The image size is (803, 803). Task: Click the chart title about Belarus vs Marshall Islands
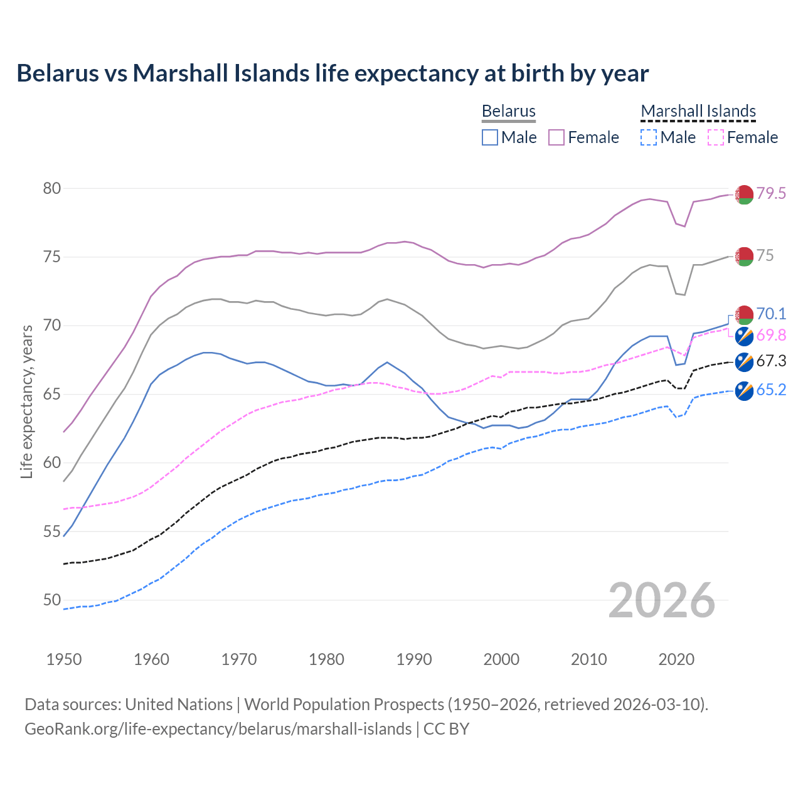332,73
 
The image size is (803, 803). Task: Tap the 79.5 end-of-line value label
771,194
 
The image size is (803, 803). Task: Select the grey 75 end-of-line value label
765,256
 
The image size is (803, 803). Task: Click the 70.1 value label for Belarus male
771,314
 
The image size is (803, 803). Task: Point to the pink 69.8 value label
771,336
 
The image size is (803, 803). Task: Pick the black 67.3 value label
771,361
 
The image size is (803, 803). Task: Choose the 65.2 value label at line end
771,390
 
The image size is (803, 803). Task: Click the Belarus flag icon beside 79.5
744,194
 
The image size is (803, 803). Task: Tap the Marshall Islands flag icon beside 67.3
744,362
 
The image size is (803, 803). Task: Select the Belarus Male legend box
490,137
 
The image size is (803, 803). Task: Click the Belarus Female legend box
556,137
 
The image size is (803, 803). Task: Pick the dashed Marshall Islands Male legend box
649,137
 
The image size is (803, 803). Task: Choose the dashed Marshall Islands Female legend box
716,137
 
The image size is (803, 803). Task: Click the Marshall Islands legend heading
698,112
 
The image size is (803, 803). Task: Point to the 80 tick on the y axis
52,189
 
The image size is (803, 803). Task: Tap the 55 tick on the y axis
52,532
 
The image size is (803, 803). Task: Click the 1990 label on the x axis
414,659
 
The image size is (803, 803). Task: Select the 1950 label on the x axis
64,659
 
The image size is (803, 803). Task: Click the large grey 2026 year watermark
662,600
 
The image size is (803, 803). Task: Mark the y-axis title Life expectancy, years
26,401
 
